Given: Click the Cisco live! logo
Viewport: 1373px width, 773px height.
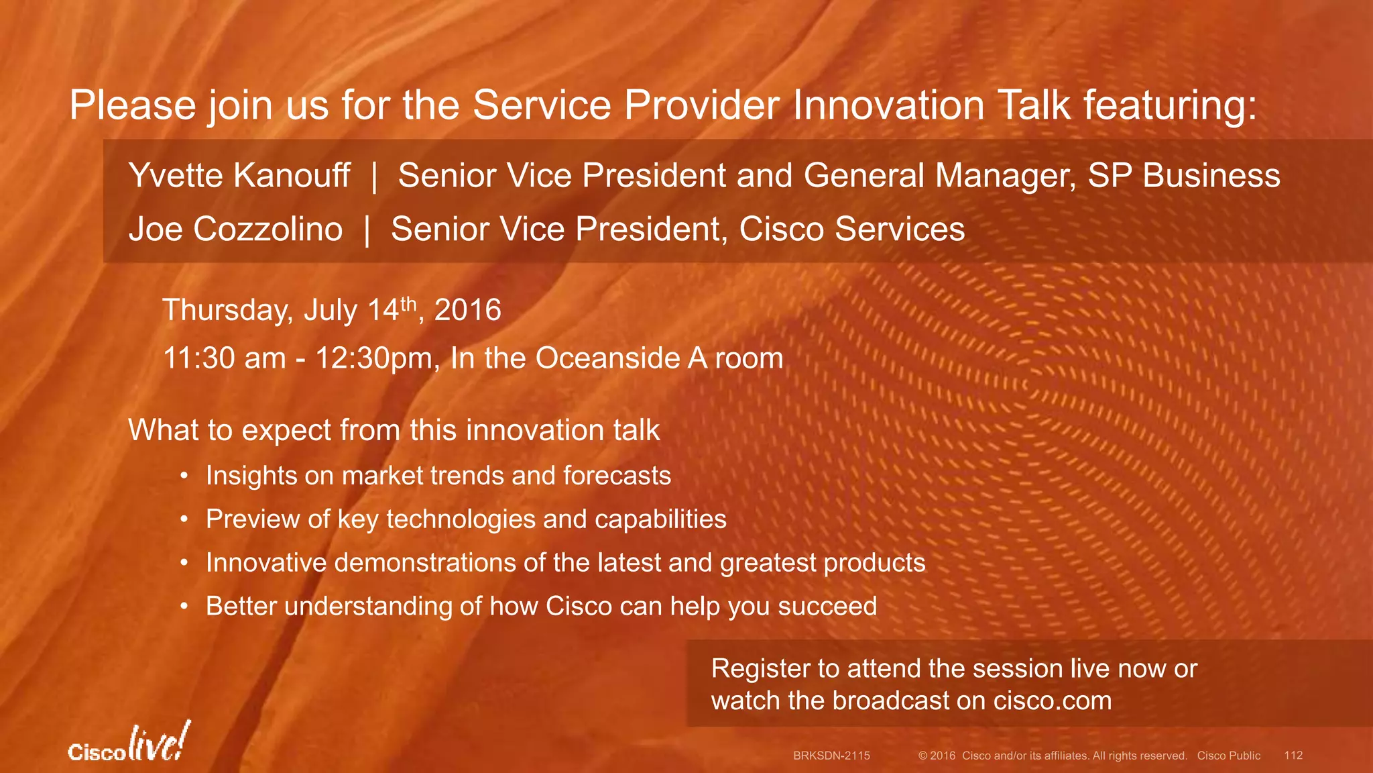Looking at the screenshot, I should pyautogui.click(x=129, y=743).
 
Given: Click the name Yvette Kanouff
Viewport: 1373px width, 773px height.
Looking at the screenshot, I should pyautogui.click(x=239, y=176).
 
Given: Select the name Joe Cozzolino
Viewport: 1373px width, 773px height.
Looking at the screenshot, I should pyautogui.click(x=235, y=229).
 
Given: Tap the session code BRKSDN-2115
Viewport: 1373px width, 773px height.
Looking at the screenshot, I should pyautogui.click(x=831, y=756).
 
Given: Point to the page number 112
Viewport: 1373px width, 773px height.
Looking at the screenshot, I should pyautogui.click(x=1293, y=756).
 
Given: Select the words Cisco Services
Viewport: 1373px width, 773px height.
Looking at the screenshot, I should pyautogui.click(x=851, y=229).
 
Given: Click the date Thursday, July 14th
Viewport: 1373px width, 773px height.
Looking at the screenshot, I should pyautogui.click(x=290, y=311).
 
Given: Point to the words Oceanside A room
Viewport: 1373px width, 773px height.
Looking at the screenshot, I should pyautogui.click(x=659, y=358).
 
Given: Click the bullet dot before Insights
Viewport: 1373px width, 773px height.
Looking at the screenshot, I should pyautogui.click(x=183, y=476).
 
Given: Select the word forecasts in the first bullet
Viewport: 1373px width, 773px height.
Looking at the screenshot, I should pyautogui.click(x=617, y=476).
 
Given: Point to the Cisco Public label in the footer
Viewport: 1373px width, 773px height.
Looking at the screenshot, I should pyautogui.click(x=1228, y=756).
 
